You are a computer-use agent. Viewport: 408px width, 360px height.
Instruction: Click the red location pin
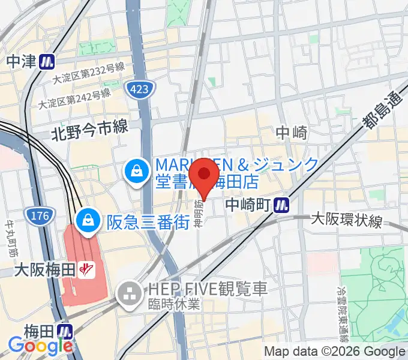pos(204,176)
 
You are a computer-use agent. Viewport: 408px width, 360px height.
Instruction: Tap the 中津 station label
pos(22,61)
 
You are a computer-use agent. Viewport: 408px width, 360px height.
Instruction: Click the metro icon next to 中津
pos(47,61)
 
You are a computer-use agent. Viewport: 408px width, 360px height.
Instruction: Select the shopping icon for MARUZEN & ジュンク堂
pos(135,172)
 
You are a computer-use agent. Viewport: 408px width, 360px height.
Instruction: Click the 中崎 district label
pos(292,133)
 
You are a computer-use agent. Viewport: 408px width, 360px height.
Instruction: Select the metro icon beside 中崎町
pos(281,206)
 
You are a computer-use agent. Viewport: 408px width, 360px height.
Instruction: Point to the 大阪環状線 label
pos(346,221)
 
